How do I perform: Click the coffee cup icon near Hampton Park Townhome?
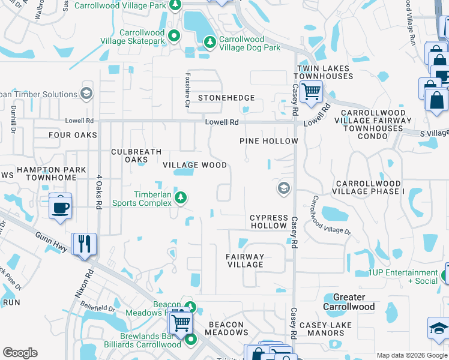tap(61, 207)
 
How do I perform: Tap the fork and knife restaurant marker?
tap(84, 244)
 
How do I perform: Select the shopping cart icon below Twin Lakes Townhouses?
tap(311, 92)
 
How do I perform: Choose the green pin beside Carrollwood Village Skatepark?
tap(173, 36)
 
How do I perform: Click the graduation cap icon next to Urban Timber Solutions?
tap(86, 94)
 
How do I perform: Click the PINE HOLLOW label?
tap(268, 141)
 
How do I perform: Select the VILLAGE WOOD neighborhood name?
tap(195, 165)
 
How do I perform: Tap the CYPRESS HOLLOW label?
tap(268, 221)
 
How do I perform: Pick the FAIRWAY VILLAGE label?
tap(245, 260)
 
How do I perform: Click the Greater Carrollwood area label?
tap(349, 302)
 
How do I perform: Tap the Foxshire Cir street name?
tap(187, 88)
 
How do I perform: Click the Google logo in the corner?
tap(20, 353)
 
